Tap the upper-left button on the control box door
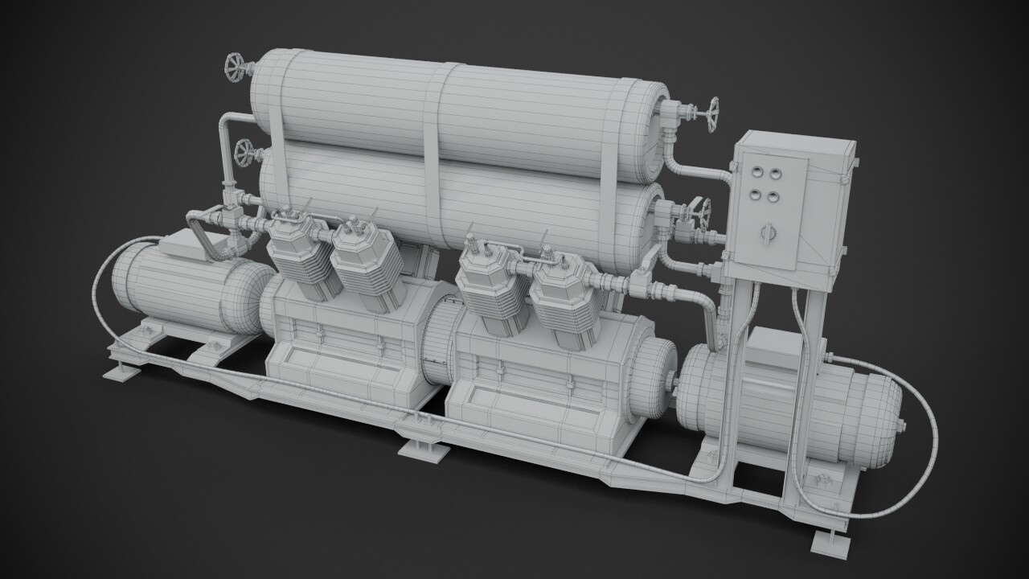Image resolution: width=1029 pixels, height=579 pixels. tap(756, 170)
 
